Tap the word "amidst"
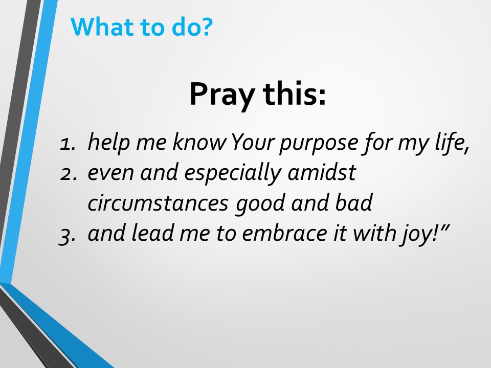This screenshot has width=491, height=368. pos(322,172)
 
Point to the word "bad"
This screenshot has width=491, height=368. pos(354,202)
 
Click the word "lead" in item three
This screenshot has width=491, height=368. pos(152,233)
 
